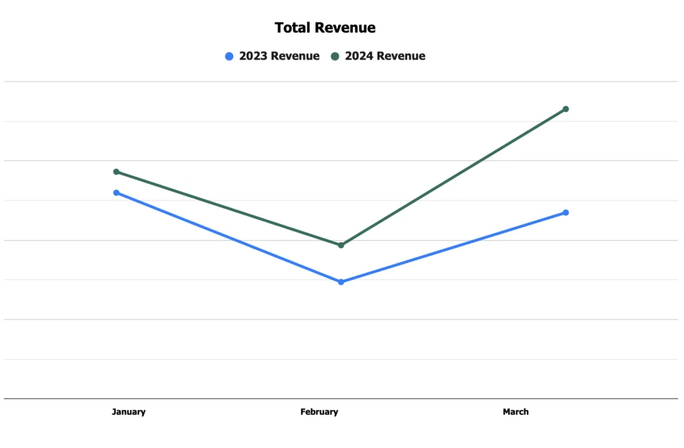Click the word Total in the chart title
coord(293,28)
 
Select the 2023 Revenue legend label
coord(279,56)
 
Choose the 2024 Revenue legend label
coord(385,56)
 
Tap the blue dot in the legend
coord(229,56)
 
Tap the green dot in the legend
coord(335,56)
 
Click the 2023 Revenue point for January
coord(116,193)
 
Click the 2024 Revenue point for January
coord(116,172)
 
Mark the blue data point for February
coord(341,282)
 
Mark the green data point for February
coord(341,245)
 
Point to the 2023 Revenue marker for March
coord(566,213)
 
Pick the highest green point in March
coord(566,109)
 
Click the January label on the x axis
coord(128,412)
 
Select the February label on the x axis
coord(319,412)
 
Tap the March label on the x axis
coord(516,412)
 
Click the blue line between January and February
coord(228,237)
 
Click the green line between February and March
coord(453,177)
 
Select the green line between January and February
coord(228,209)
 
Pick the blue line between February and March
coord(453,247)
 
